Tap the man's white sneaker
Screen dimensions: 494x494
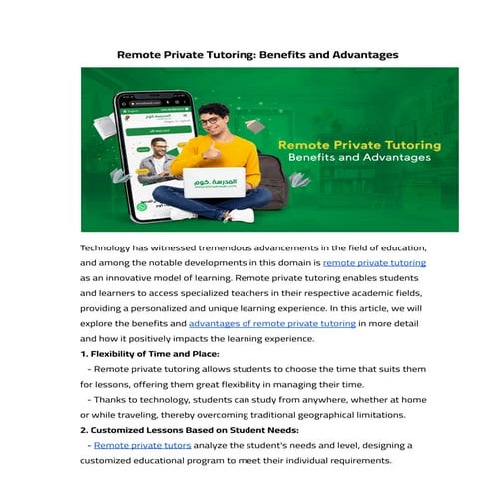coord(182,213)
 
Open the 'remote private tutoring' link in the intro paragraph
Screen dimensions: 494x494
coord(374,263)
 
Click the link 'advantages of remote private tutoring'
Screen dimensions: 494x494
coord(271,324)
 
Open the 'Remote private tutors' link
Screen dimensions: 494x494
coord(137,444)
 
